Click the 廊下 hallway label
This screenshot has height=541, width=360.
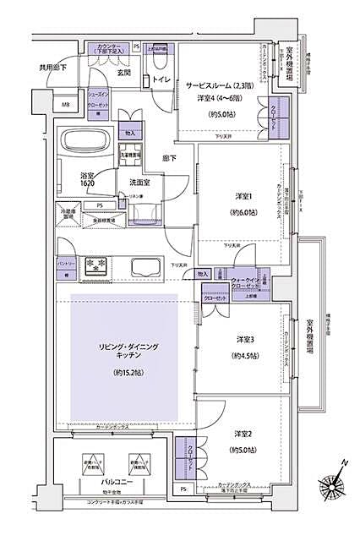170,157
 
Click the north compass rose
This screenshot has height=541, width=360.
336,481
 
